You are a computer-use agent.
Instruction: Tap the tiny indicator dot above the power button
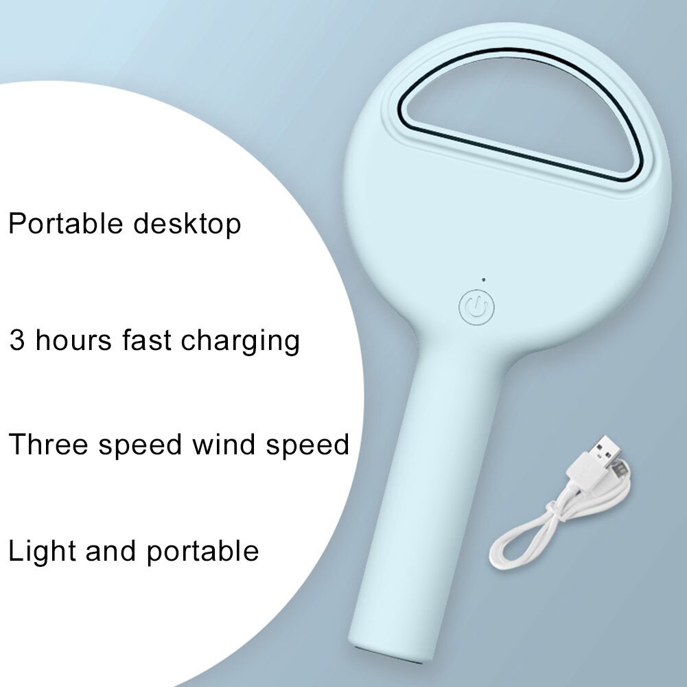coord(484,279)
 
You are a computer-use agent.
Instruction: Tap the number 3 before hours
coord(16,340)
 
